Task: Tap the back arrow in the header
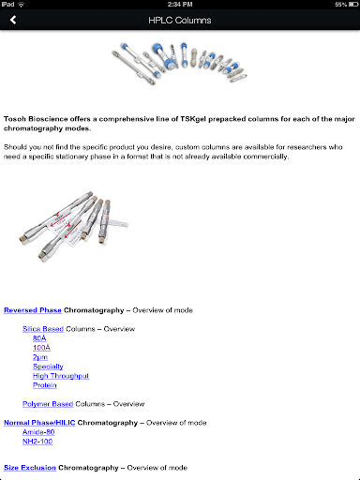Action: pos(13,20)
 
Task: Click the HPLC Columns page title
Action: pos(180,21)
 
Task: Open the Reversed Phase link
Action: pos(33,310)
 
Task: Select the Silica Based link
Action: pos(43,329)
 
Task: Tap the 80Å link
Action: pos(39,338)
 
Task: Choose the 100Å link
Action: pos(41,348)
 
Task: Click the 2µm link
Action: pos(40,357)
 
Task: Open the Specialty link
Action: pos(48,367)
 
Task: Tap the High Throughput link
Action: pos(61,376)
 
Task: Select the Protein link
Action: pos(45,385)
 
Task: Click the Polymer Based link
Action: pos(48,404)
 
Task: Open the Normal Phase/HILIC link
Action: pos(39,423)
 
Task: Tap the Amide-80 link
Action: pos(38,432)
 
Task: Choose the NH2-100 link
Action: pos(37,442)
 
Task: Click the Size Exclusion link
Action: pos(30,468)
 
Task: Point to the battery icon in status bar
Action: pos(353,5)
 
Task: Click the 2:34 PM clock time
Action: pos(180,5)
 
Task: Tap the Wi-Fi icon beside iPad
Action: pos(22,5)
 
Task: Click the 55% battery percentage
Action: pos(341,5)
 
